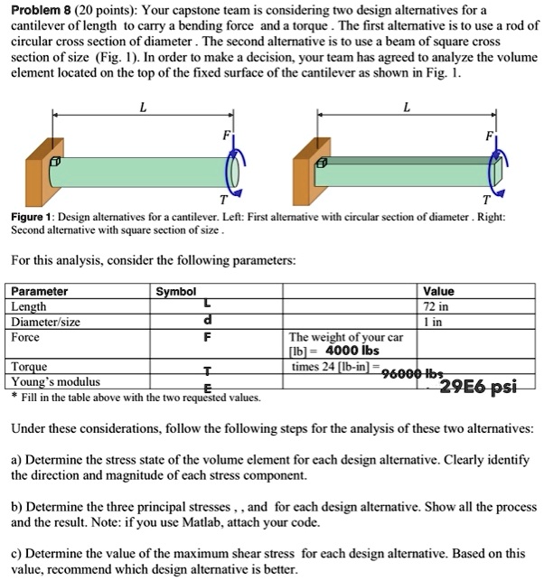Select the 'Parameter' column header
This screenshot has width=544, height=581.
[x=39, y=292]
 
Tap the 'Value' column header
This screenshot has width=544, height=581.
[x=438, y=292]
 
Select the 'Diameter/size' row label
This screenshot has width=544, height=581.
[x=45, y=322]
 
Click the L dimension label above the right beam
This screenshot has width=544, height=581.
[x=406, y=107]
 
